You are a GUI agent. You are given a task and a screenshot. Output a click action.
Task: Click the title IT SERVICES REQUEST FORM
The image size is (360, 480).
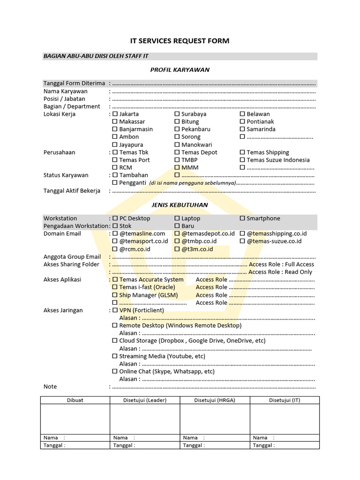[x=180, y=41]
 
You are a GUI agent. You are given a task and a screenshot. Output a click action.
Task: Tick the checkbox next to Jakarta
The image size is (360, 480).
[x=115, y=114]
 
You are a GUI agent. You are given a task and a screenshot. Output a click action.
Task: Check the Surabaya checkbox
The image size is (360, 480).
[x=177, y=114]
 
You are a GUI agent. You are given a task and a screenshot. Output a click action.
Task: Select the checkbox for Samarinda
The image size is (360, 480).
[x=242, y=129]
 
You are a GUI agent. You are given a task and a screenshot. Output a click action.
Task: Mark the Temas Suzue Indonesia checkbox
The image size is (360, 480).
[x=242, y=160]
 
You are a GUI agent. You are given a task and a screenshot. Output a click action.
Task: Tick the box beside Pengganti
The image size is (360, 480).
[x=115, y=183]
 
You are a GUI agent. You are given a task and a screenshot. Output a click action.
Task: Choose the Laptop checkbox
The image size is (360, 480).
[x=177, y=218]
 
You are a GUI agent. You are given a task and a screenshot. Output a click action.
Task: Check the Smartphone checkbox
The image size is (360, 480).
[x=242, y=218]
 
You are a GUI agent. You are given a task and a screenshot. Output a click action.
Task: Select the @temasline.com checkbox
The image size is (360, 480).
[x=115, y=234]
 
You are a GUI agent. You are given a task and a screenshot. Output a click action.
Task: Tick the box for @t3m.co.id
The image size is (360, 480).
[x=177, y=249]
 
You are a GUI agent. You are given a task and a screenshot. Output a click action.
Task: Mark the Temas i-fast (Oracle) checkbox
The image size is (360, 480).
[x=115, y=287]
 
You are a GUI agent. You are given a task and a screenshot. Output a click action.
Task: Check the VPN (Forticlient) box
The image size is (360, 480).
[x=115, y=310]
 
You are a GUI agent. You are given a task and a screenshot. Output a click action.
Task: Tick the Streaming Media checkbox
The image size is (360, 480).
[x=115, y=356]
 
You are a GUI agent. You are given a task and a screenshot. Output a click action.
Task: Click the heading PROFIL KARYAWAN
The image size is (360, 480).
[x=180, y=70]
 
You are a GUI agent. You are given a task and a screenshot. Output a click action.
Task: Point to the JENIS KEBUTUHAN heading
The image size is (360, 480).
[x=180, y=205]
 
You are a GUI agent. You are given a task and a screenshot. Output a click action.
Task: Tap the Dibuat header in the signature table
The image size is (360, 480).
[x=75, y=400]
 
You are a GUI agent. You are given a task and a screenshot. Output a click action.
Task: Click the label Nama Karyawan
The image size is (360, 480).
[x=66, y=91]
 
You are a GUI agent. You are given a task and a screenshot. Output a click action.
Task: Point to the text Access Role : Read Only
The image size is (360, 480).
[x=280, y=272]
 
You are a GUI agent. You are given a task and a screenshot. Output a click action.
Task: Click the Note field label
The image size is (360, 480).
[x=50, y=387]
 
